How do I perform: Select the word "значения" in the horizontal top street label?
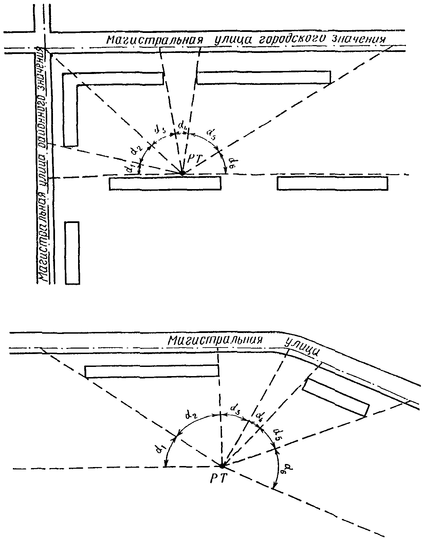tap(360, 39)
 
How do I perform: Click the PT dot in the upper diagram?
tap(182, 173)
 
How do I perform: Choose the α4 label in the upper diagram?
tap(182, 127)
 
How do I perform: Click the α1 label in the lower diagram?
tap(158, 449)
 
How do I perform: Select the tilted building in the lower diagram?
tap(335, 397)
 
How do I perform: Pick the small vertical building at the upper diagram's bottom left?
tap(72, 253)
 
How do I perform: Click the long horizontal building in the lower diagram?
tap(152, 371)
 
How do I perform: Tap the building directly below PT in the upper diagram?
tap(165, 183)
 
